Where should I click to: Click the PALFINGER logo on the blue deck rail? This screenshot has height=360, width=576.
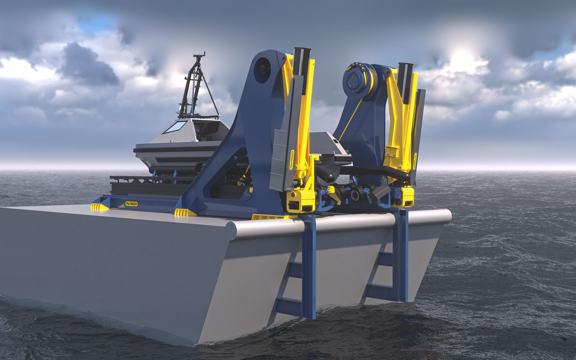[131, 204]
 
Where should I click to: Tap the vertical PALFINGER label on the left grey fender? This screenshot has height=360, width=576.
[292, 160]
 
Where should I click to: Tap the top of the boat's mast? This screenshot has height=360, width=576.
[199, 55]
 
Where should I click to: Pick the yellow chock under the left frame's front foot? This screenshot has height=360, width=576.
[185, 212]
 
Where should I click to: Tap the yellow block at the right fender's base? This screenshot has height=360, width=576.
[403, 197]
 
